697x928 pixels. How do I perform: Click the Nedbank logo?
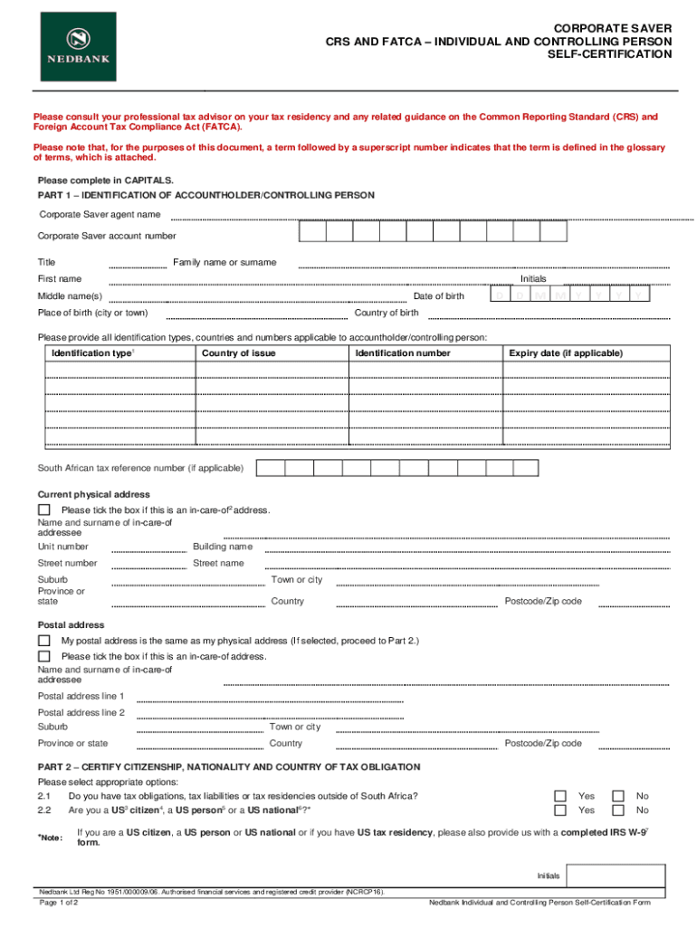pos(78,48)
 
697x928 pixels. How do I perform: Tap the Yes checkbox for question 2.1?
pos(560,797)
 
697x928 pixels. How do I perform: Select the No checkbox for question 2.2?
pos(618,810)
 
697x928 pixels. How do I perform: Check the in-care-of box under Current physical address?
pos(44,510)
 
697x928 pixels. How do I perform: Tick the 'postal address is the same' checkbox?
pos(44,642)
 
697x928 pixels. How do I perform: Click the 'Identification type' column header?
pos(93,353)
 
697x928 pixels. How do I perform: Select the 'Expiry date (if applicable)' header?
pos(566,353)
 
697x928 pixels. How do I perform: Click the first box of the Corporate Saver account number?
pos(312,232)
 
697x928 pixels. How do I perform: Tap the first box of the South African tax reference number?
pos(271,469)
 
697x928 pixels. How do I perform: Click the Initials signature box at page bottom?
pos(616,875)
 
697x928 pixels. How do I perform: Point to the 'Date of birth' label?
pos(438,296)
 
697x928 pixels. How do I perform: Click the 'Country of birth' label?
pos(387,314)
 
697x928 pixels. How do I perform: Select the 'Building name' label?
pos(223,546)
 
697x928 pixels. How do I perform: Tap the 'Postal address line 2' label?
pos(81,712)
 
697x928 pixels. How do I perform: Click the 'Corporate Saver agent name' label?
pos(100,215)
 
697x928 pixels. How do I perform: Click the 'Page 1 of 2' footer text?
pos(57,903)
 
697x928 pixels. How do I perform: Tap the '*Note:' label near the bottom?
pos(50,837)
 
